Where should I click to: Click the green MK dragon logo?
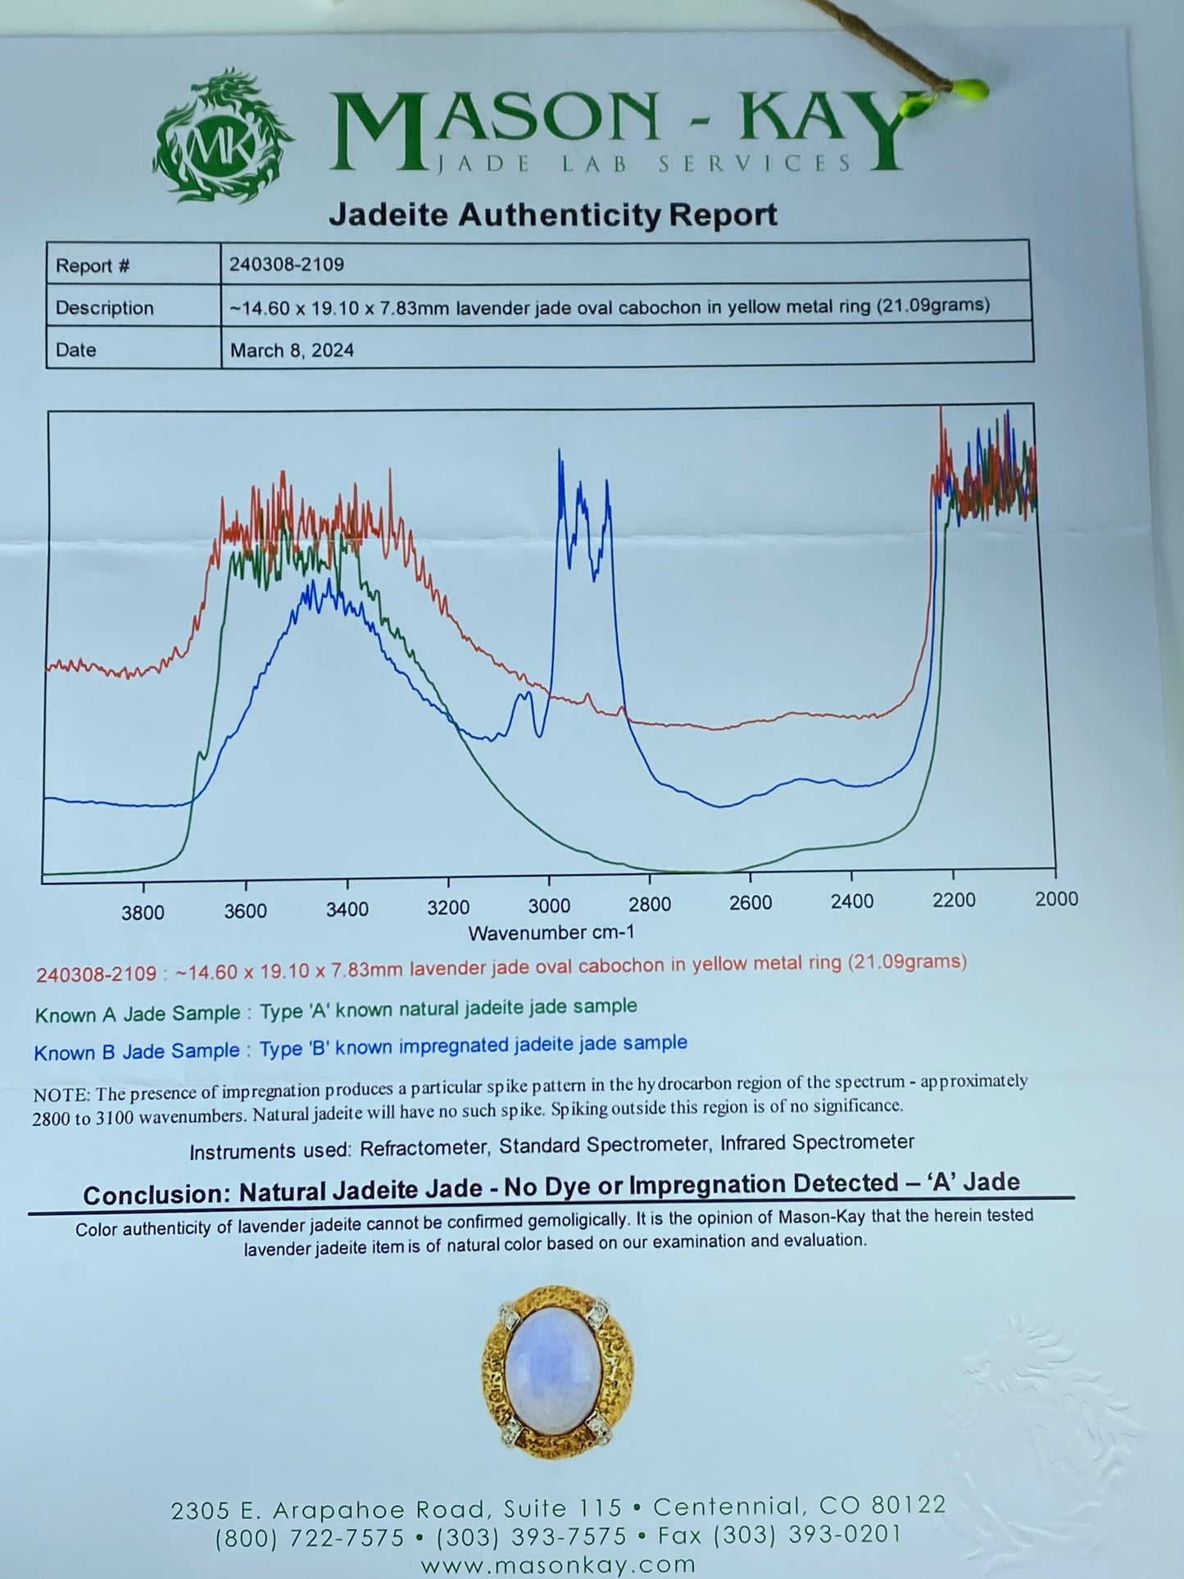click(223, 140)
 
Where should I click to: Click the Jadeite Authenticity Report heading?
click(553, 216)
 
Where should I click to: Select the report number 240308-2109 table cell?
click(287, 265)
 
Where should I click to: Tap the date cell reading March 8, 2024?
click(292, 351)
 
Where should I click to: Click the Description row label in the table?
click(104, 308)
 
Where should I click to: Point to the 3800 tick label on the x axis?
click(143, 913)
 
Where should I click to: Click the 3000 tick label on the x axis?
click(548, 905)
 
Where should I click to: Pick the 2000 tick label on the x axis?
click(1056, 899)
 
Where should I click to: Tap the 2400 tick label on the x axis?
click(851, 901)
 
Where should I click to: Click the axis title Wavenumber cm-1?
click(551, 932)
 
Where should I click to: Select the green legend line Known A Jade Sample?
click(335, 1010)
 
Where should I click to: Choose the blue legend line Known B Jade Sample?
click(360, 1047)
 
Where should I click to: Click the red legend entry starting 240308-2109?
click(501, 968)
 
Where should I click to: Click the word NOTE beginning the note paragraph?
click(61, 1096)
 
